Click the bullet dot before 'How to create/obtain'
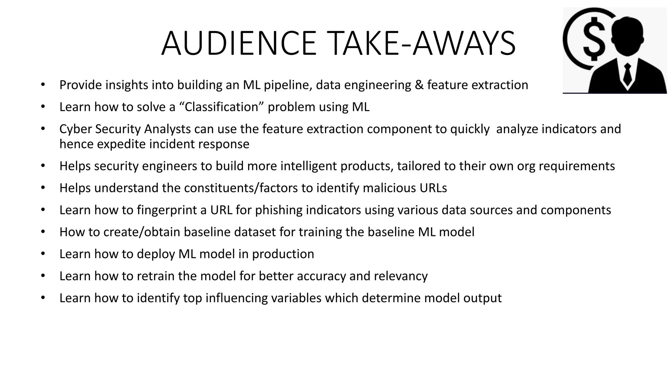43,232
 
